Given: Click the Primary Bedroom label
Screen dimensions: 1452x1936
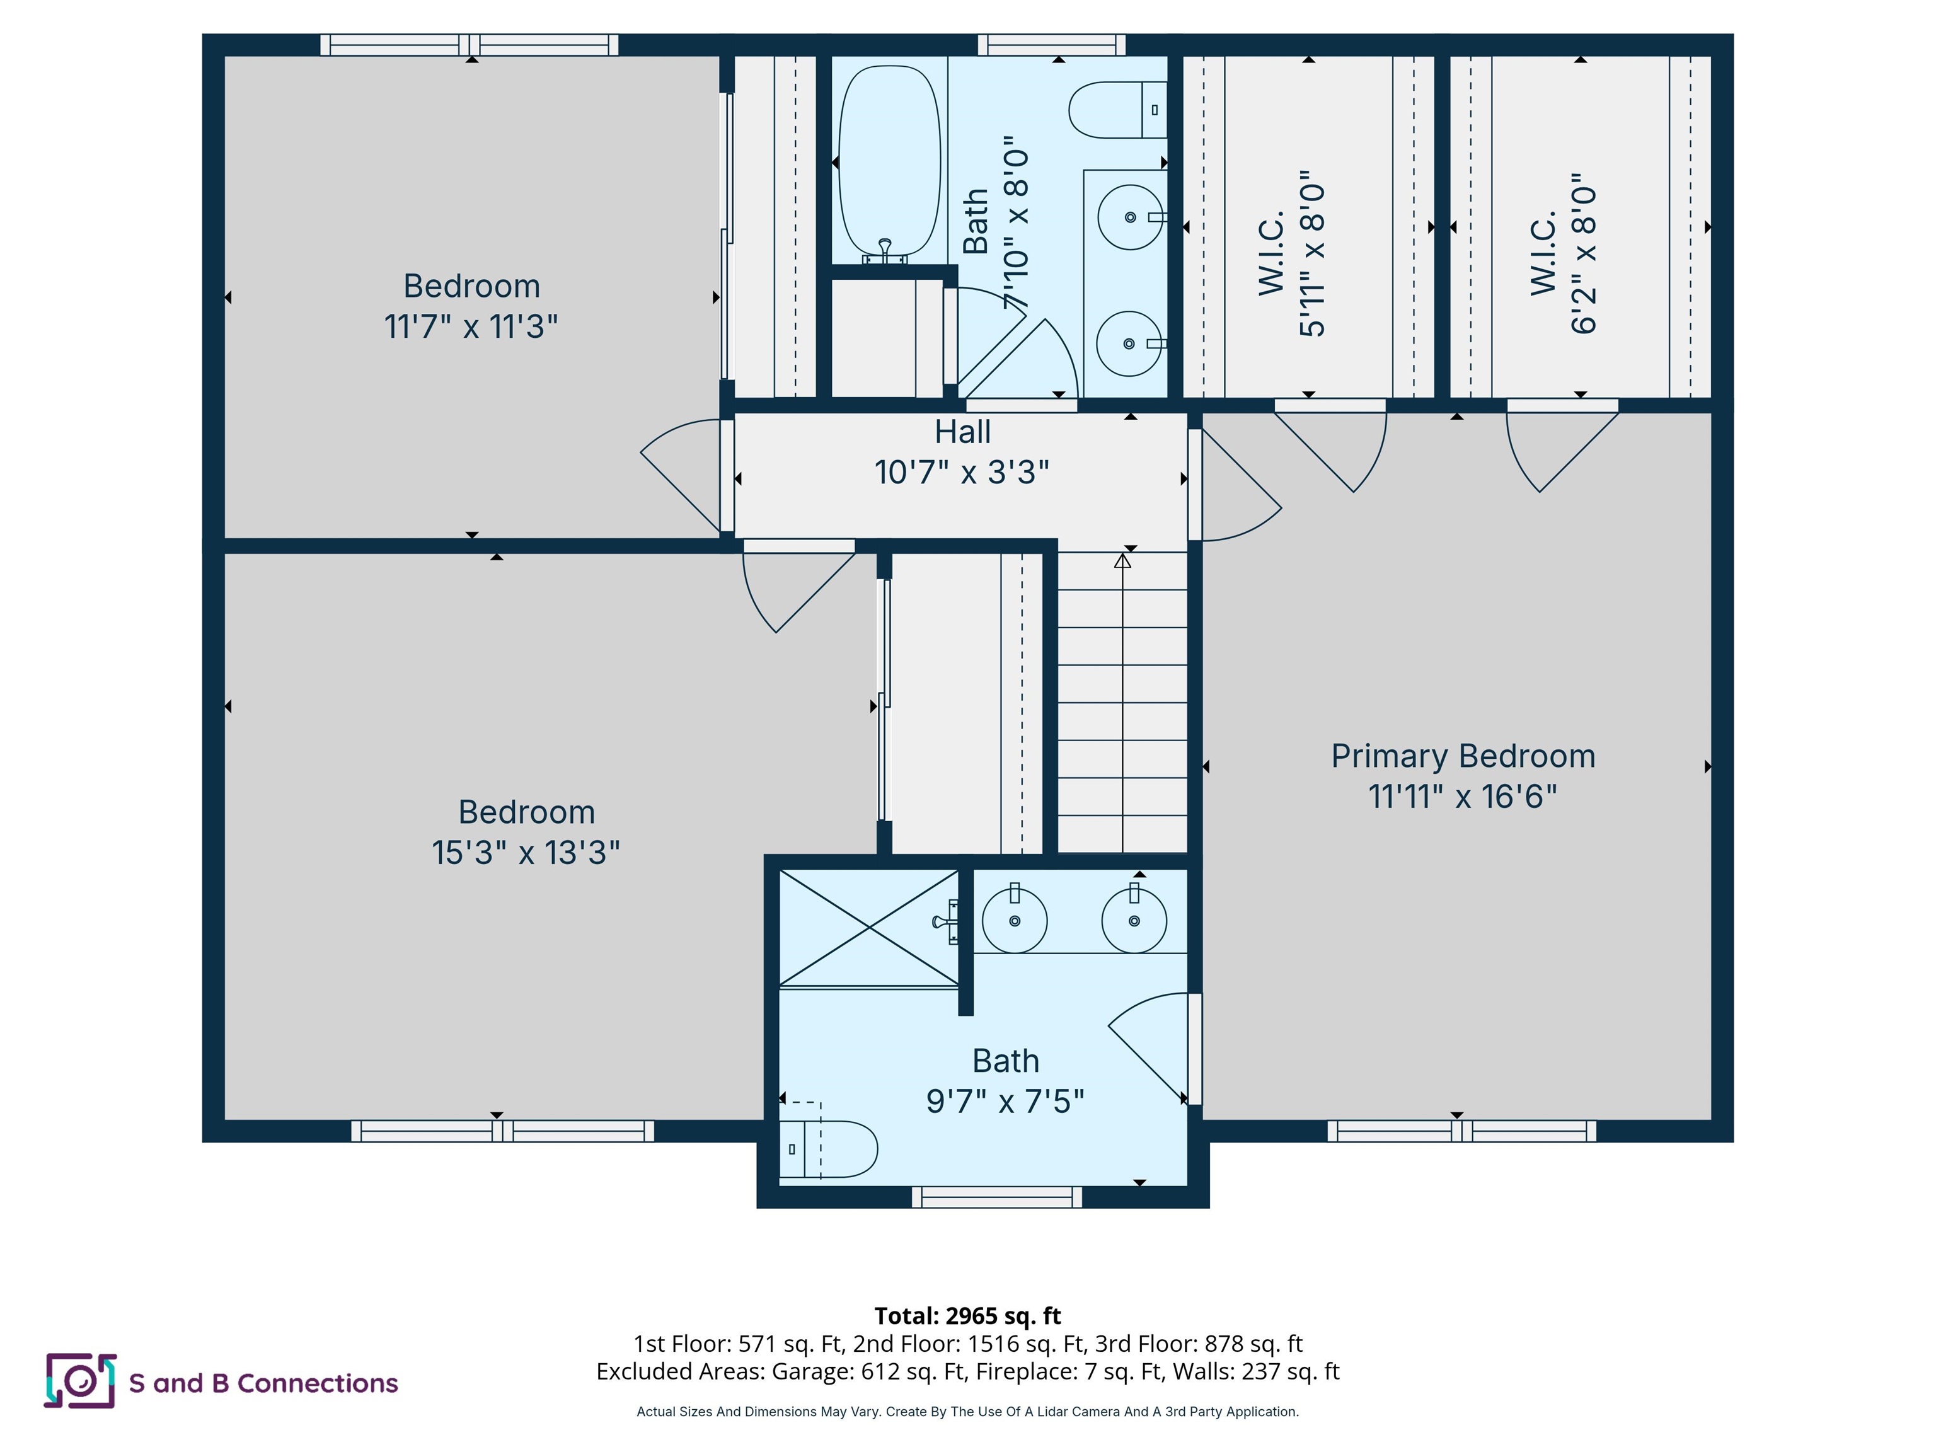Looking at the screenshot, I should pos(1463,756).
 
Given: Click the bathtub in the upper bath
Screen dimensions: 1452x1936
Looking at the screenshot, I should pos(889,162).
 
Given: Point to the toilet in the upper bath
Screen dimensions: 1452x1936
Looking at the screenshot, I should pos(1116,110).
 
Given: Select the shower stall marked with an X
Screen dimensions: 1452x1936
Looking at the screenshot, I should pos(868,928).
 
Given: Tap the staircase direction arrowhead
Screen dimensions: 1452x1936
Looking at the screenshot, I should pos(1122,560).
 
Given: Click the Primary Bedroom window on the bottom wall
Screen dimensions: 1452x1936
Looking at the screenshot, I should pos(1461,1131).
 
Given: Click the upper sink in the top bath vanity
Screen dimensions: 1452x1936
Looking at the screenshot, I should pos(1129,217).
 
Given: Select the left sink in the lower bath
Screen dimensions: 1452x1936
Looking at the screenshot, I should pos(1015,920).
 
